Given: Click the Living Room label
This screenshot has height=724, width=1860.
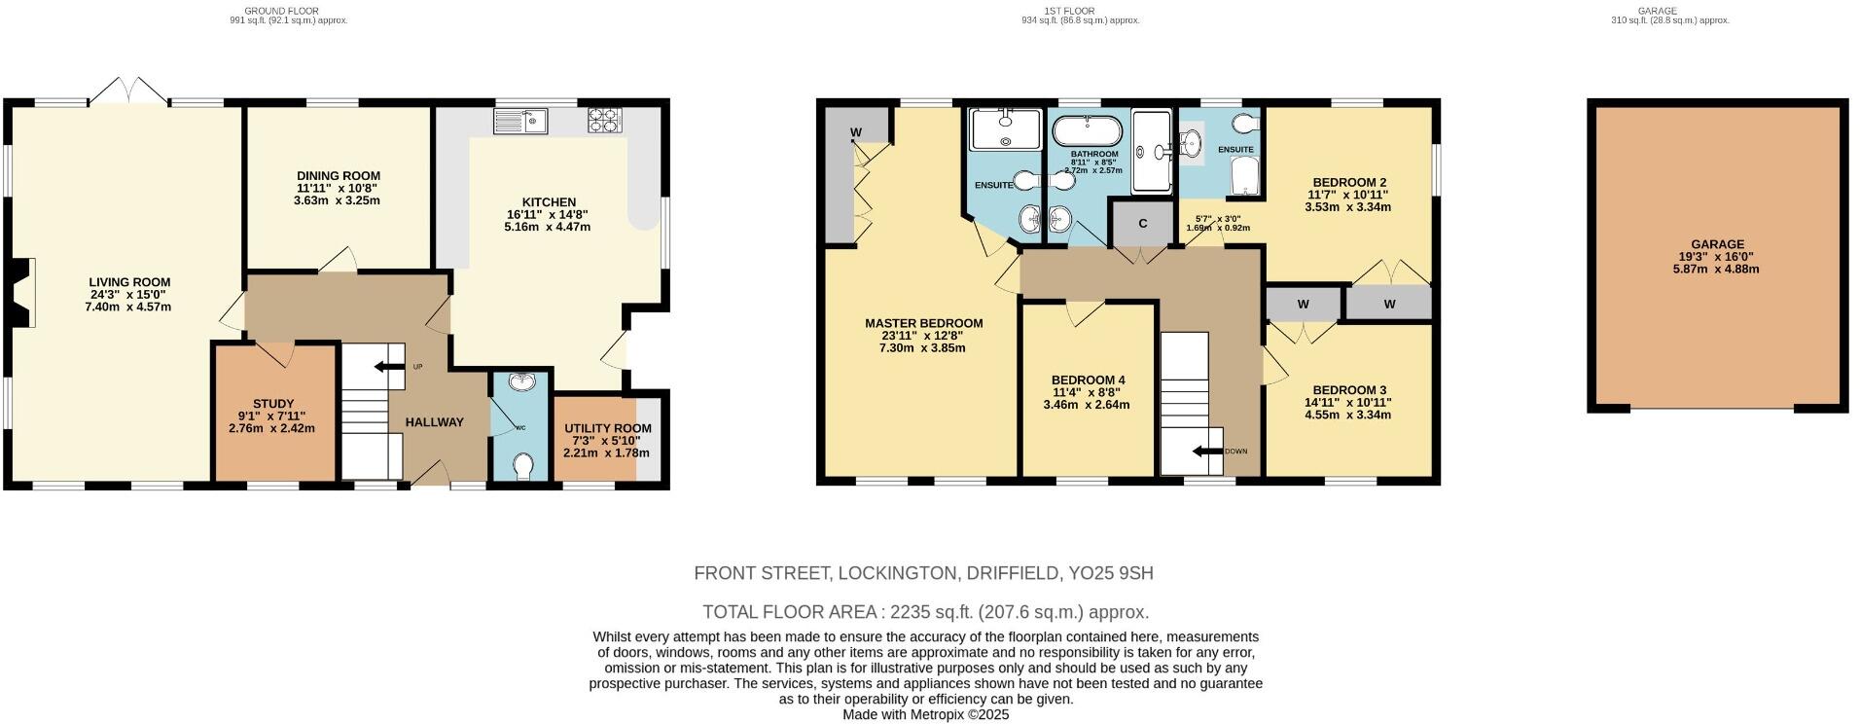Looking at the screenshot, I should (x=129, y=283).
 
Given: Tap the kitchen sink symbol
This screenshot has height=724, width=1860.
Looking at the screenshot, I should (x=520, y=122).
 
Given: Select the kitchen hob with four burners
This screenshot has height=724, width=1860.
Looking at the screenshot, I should (x=604, y=121).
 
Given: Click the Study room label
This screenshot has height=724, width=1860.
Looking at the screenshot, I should (x=272, y=404).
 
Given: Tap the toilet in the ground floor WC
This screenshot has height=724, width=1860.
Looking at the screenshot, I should (x=522, y=467).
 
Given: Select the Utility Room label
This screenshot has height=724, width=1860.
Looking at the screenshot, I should (x=608, y=428).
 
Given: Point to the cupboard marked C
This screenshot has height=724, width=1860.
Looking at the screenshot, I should (x=1142, y=224).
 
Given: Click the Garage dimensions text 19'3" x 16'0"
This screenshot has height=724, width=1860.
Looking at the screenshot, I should (x=1717, y=257).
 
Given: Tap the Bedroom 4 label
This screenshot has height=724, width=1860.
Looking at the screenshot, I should (x=1088, y=380).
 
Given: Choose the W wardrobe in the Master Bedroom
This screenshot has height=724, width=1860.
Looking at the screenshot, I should (x=856, y=132).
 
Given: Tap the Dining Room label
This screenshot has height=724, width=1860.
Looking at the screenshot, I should (x=338, y=176).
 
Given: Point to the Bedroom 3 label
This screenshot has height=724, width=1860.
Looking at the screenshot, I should (x=1347, y=390).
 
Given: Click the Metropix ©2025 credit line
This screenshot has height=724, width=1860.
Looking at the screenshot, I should (x=925, y=714).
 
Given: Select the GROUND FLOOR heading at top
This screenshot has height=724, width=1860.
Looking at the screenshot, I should (x=281, y=11).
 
